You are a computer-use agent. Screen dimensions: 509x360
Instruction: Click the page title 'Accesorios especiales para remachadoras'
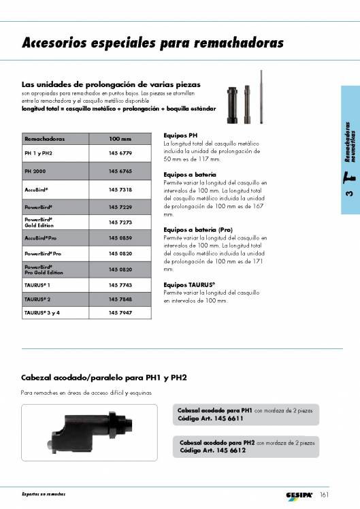pyautogui.click(x=152, y=44)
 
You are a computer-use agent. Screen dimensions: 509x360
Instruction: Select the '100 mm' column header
pyautogui.click(x=120, y=139)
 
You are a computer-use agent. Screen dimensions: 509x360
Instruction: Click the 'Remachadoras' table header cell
pyautogui.click(x=44, y=139)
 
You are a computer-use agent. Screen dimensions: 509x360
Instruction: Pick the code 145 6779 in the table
pyautogui.click(x=120, y=154)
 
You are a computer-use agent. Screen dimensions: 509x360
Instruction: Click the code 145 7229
pyautogui.click(x=120, y=206)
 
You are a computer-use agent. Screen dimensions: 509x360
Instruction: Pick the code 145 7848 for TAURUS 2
pyautogui.click(x=120, y=299)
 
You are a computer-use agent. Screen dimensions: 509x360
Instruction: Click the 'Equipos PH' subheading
pyautogui.click(x=180, y=135)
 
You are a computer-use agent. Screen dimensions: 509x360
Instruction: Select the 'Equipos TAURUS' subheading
pyautogui.click(x=189, y=284)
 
